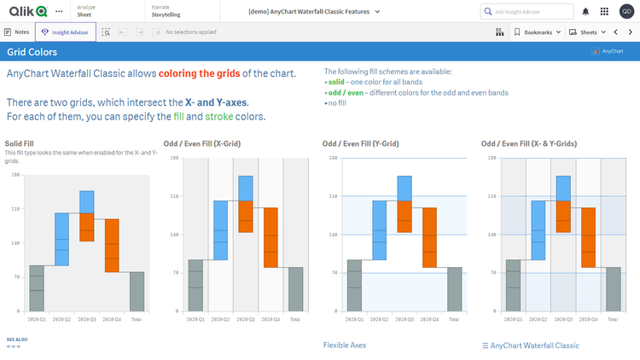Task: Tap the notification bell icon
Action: pos(585,12)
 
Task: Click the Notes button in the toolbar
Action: pos(18,32)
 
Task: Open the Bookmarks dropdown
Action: pos(538,32)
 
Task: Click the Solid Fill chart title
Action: pos(20,143)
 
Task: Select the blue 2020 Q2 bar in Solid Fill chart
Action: pos(61,239)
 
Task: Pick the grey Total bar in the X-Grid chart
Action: pos(295,290)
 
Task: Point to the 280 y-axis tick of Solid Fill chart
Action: pos(15,175)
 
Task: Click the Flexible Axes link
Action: pos(345,345)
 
